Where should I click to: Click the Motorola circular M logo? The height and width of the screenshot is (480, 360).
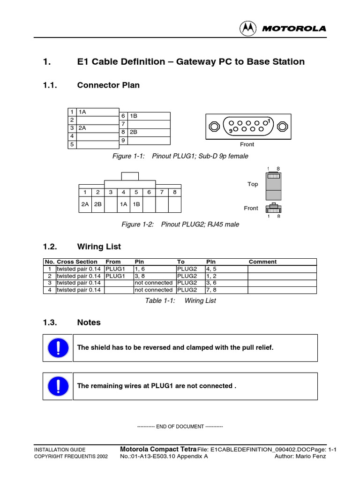(248, 29)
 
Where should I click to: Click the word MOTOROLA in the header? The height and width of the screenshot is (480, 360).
(293, 29)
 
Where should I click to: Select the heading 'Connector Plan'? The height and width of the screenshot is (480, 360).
(108, 85)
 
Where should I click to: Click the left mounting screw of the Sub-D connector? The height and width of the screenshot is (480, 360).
(214, 127)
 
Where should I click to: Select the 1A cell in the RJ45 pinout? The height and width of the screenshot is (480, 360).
(123, 204)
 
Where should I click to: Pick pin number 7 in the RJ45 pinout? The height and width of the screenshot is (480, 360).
(162, 192)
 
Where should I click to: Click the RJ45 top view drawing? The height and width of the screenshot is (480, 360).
(273, 186)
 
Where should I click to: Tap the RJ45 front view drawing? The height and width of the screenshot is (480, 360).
(273, 208)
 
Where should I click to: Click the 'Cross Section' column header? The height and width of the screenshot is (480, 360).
(77, 262)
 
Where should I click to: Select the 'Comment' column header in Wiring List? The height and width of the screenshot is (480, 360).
(262, 262)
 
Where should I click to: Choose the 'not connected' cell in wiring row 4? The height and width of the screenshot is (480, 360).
(153, 290)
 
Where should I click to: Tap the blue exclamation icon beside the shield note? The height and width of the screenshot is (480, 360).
(58, 348)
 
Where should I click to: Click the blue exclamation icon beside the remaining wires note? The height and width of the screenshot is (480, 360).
(58, 386)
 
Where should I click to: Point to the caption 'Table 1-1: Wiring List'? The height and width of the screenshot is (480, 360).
(180, 301)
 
